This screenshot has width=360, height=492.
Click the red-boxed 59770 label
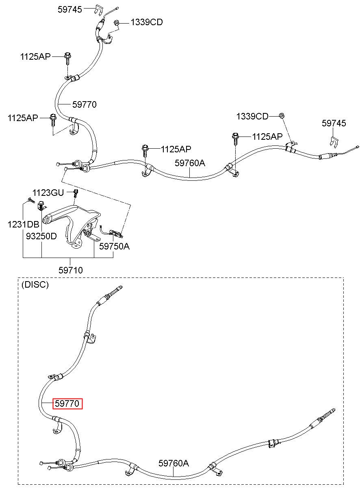[x=67, y=403]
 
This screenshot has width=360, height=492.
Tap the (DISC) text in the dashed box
[x=35, y=285]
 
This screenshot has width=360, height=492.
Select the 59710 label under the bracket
[x=71, y=270]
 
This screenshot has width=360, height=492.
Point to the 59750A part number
[x=114, y=246]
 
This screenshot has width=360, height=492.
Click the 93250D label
[x=41, y=236]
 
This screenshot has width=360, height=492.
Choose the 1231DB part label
[x=23, y=225]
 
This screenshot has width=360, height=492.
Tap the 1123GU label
[x=48, y=193]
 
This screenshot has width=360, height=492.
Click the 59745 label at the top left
[x=70, y=9]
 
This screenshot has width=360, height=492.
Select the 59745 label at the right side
[x=334, y=123]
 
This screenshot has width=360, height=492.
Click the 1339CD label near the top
[x=147, y=22]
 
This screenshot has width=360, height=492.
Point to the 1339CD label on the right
[x=252, y=116]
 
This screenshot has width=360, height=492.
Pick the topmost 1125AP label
[x=35, y=56]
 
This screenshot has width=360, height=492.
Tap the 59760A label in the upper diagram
[x=190, y=163]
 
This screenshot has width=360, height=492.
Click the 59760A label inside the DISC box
[x=173, y=463]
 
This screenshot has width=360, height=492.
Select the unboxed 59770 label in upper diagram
[x=85, y=104]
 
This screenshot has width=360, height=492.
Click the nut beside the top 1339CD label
[x=117, y=22]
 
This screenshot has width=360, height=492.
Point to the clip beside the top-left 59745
[x=99, y=10]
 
